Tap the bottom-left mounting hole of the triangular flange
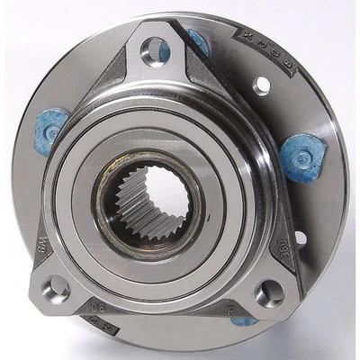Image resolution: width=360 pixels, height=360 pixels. coord(56,288)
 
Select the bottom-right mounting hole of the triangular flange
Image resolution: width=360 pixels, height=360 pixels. coord(267,292)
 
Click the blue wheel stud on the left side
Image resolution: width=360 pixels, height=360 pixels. coord(52,127)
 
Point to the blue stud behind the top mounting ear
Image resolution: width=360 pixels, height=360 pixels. coord(197,40)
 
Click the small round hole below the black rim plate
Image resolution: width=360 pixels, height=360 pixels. coord(262,86)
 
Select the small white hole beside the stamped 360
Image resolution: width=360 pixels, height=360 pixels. coord(299,238)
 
